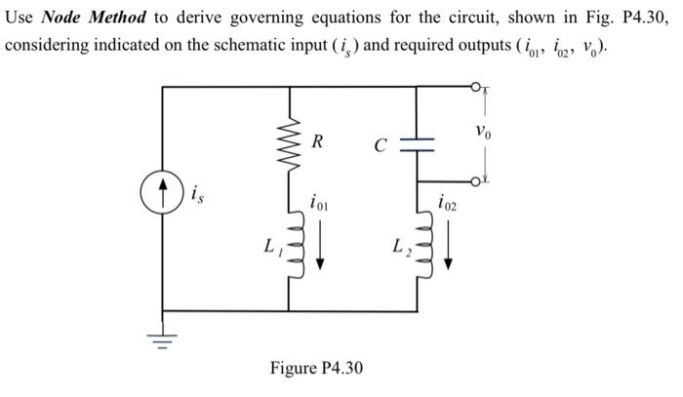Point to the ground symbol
(x=162, y=337)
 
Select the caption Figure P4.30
(x=316, y=368)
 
